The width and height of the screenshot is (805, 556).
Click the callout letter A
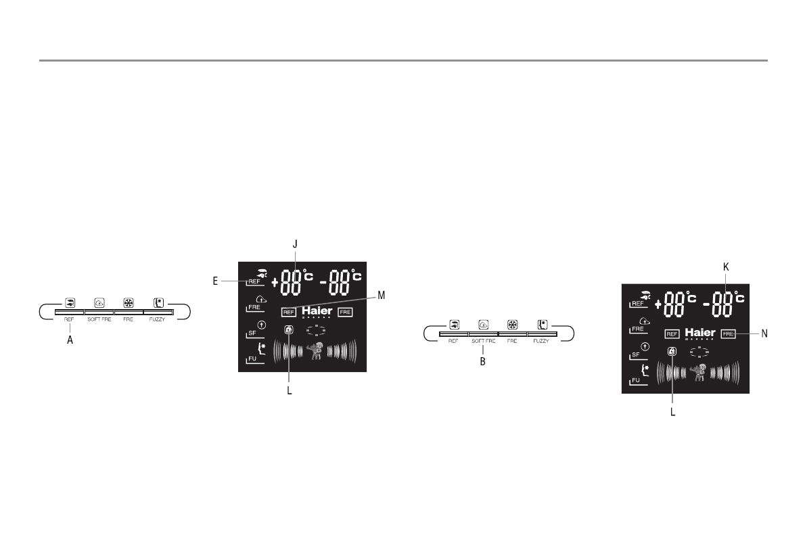[70, 342]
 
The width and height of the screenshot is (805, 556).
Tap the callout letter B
[483, 362]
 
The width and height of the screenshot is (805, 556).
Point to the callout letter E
[215, 280]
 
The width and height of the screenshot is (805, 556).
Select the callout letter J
[295, 243]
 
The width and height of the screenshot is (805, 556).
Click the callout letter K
[726, 267]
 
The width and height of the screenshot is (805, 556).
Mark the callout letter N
[764, 333]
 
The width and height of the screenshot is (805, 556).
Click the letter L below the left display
[290, 390]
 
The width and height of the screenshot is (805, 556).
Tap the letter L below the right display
[672, 410]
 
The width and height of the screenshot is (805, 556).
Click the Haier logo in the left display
[317, 311]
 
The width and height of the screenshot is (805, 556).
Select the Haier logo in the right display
[700, 333]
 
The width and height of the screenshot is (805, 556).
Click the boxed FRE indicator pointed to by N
[728, 333]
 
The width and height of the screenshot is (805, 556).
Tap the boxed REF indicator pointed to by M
[289, 312]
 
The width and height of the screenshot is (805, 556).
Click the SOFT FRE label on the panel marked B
[483, 342]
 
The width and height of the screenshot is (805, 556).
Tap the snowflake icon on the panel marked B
[512, 324]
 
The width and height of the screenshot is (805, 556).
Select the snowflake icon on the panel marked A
[129, 303]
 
